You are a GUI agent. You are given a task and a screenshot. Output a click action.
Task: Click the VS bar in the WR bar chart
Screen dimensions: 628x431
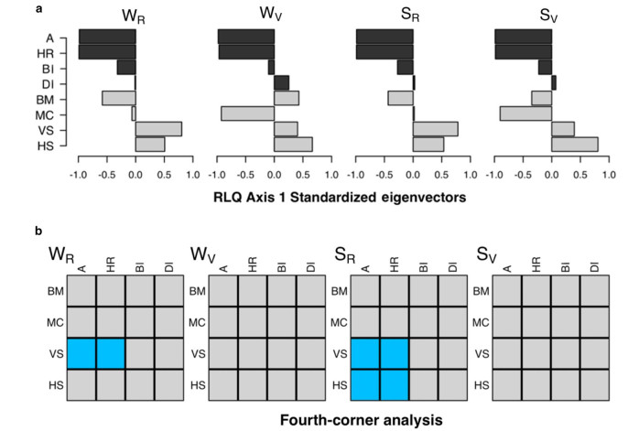point(158,129)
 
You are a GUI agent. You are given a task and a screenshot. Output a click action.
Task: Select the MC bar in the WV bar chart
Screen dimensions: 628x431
point(247,113)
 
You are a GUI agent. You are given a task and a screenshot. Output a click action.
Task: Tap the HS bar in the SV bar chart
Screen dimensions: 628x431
point(575,145)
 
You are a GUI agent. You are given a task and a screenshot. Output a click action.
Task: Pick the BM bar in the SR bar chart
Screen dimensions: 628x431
point(401,99)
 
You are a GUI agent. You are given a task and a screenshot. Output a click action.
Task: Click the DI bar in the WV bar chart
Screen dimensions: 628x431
point(282,83)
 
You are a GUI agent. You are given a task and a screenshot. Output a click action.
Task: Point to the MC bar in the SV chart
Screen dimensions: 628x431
point(525,113)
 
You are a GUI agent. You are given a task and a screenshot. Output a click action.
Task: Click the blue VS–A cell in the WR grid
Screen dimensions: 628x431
point(81,353)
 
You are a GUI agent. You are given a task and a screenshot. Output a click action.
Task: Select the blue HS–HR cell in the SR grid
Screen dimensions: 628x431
point(394,385)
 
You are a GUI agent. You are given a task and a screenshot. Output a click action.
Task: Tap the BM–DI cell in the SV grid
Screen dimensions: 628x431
point(595,290)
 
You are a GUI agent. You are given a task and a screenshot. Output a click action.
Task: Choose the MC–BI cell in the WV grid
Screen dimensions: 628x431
point(282,322)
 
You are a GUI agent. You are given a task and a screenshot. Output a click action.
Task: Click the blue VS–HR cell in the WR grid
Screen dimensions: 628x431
point(111,353)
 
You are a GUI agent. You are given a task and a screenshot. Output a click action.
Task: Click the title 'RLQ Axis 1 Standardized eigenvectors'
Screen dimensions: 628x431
point(340,198)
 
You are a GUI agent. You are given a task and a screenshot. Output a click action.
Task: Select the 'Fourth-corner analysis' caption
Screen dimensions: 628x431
point(362,420)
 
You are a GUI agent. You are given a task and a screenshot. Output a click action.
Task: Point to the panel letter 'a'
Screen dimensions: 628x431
point(38,8)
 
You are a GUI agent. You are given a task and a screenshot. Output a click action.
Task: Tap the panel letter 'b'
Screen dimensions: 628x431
point(38,231)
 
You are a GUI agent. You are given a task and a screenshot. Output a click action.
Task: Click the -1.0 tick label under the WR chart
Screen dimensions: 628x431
point(78,175)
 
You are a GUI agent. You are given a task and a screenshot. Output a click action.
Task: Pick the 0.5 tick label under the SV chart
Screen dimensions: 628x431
point(580,175)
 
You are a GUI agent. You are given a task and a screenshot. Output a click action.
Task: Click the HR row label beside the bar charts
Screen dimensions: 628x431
point(45,54)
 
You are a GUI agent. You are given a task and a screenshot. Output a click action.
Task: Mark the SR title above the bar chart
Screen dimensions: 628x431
point(410,15)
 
